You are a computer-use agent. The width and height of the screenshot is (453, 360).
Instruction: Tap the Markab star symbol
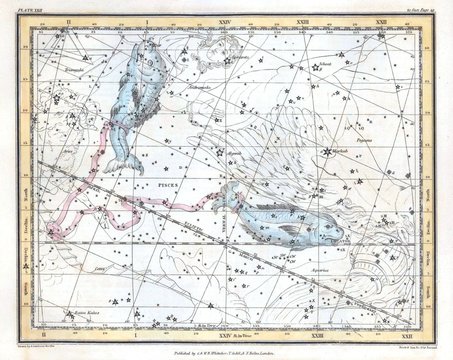coord(326,151)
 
